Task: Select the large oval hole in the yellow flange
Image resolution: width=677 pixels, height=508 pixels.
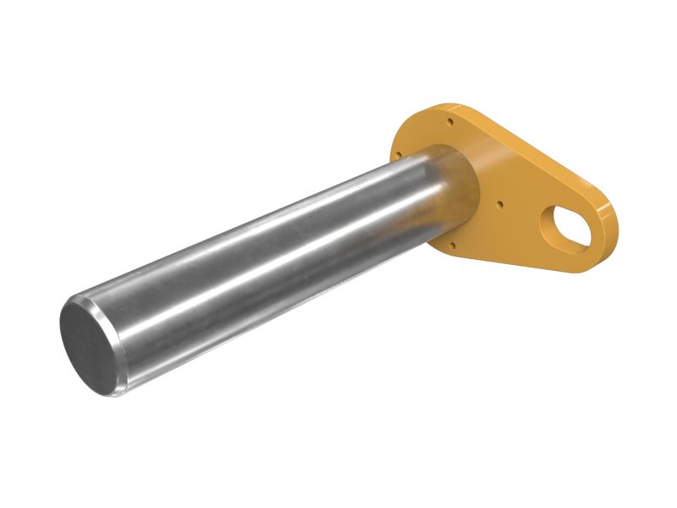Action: coord(565,224)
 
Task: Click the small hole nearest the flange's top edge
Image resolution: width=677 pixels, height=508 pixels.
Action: coord(450,122)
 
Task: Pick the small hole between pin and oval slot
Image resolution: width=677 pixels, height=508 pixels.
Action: coord(501,202)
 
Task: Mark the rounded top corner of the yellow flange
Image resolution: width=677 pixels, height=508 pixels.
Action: coord(436,110)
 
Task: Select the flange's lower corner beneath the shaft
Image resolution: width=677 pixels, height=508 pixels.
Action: coord(444,250)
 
